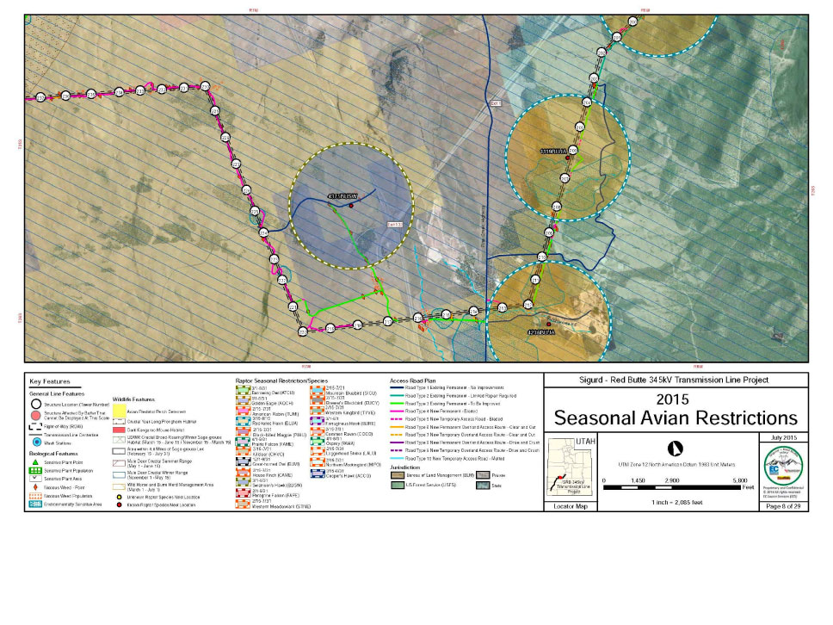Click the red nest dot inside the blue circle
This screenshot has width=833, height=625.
351,205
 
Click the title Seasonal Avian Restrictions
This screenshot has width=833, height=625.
676,418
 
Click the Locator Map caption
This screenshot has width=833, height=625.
571,507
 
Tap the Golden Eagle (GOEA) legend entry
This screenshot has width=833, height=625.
262,402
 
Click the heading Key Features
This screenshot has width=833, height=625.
50,381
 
